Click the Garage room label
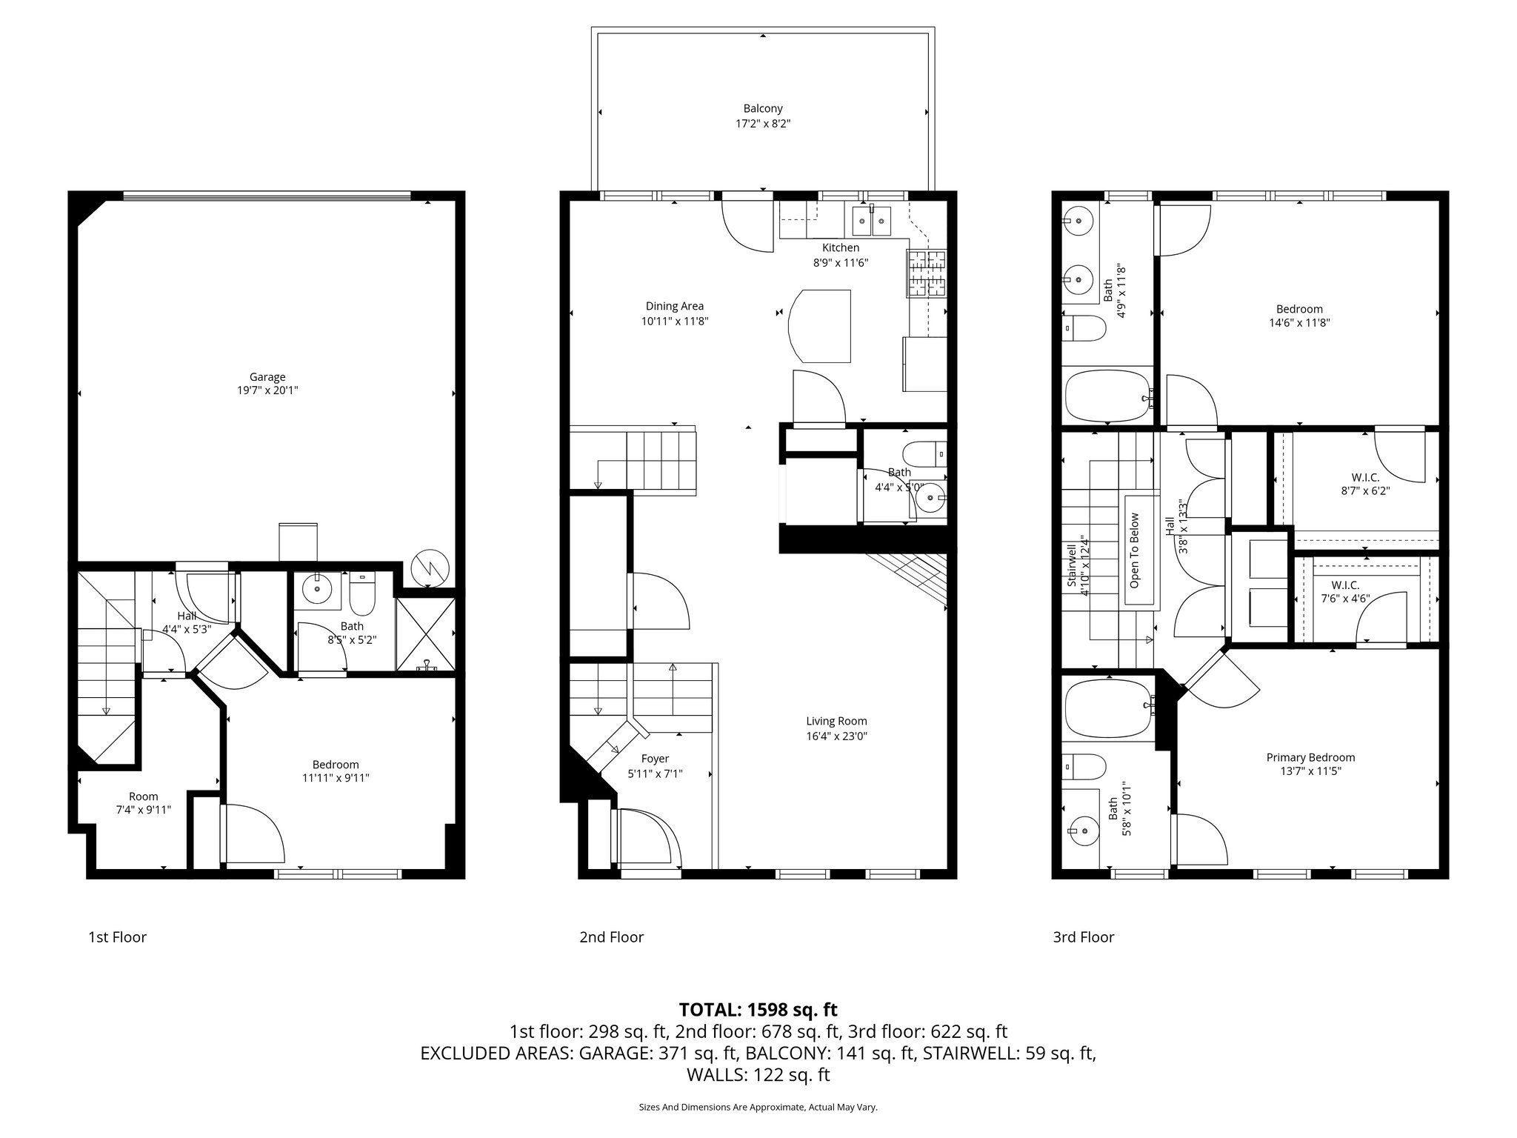point(267,377)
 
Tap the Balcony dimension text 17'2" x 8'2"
point(763,124)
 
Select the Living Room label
point(836,721)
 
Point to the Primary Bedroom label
point(1310,757)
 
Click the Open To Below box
point(1135,550)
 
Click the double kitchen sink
point(871,219)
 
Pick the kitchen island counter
point(820,326)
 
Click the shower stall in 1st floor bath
point(425,633)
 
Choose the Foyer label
point(655,759)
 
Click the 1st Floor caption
point(117,937)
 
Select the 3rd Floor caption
point(1083,937)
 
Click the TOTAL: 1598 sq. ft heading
point(758,1010)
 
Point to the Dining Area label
point(674,306)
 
